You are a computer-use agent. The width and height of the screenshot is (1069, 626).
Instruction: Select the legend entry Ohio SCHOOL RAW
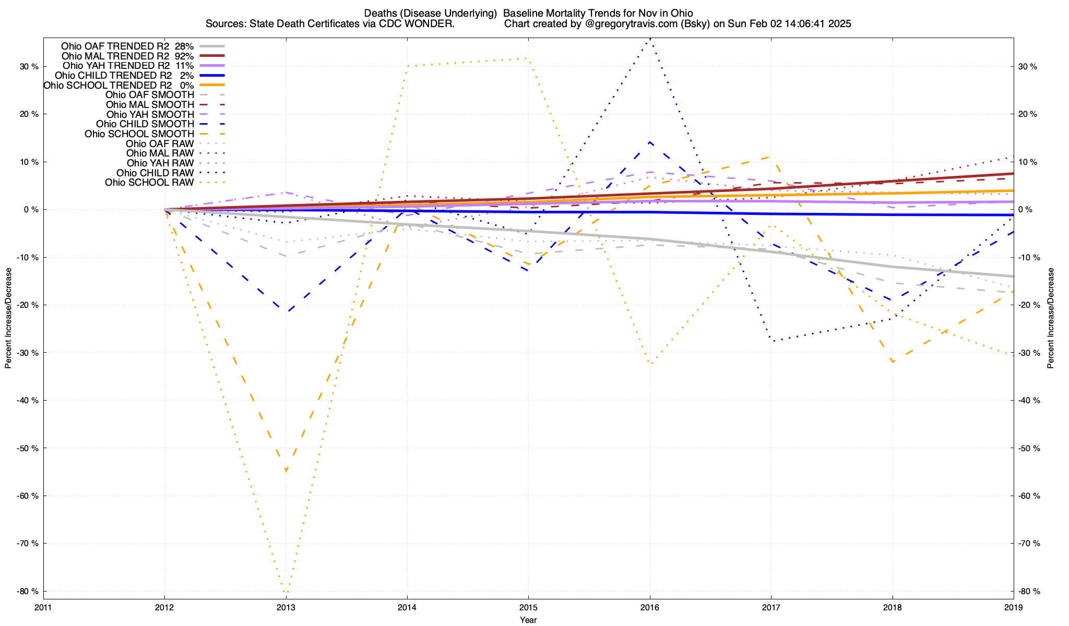(x=149, y=183)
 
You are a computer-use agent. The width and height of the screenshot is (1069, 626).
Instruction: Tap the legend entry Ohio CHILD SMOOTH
(x=145, y=124)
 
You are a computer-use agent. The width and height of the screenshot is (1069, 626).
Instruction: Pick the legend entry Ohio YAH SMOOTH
(x=150, y=114)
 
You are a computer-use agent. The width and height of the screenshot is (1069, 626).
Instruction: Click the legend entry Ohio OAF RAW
(x=160, y=144)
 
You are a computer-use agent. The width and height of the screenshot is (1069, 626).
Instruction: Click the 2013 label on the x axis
(x=286, y=607)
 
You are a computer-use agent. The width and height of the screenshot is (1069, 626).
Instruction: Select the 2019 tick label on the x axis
(x=1013, y=607)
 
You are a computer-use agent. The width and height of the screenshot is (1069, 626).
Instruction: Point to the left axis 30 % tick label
(x=28, y=67)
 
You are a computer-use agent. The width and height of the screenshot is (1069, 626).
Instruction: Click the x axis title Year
(x=528, y=620)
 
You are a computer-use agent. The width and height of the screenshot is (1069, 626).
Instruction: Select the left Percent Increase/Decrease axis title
(x=8, y=318)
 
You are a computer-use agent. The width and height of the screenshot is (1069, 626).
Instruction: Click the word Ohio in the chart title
(x=681, y=13)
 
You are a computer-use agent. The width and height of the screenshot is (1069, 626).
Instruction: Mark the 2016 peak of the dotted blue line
(x=649, y=39)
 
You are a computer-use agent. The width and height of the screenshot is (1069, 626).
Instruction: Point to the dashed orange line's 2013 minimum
(x=286, y=471)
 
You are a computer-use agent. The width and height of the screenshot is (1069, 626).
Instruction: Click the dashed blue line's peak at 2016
(x=649, y=142)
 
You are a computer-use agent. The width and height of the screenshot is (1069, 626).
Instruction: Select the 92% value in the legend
(x=184, y=56)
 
